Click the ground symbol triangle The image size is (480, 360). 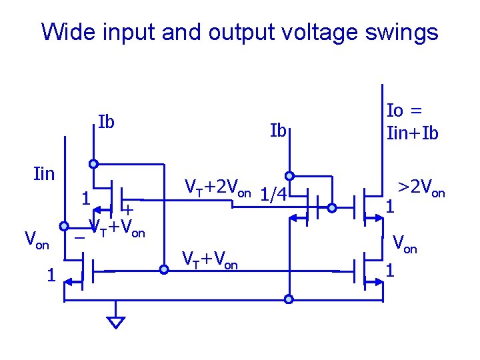116,322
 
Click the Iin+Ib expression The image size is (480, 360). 413,133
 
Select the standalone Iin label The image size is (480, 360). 44,175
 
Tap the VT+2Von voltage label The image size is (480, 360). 217,187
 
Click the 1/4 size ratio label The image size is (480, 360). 273,194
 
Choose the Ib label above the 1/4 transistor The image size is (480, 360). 278,130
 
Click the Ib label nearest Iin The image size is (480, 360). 106,123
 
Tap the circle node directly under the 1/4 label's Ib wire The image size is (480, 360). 289,176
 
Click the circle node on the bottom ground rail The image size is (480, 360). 289,299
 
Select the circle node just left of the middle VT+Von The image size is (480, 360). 163,270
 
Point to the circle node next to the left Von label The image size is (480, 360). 65,225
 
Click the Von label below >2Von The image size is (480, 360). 404,243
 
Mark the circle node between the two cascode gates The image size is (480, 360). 332,207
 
